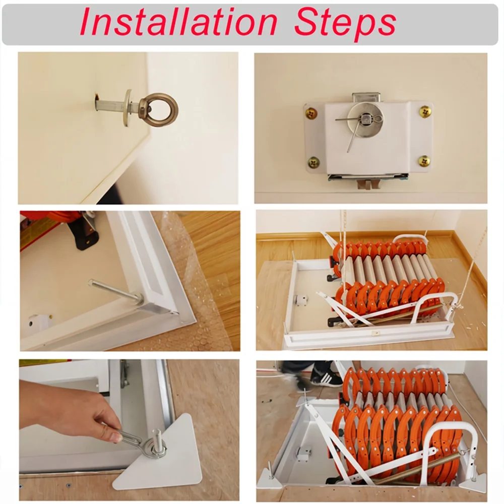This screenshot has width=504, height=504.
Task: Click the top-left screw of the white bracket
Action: pyautogui.click(x=311, y=113)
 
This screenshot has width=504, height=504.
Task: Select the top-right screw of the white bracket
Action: pyautogui.click(x=425, y=111)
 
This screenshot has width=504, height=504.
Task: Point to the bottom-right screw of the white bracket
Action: pyautogui.click(x=424, y=161)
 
